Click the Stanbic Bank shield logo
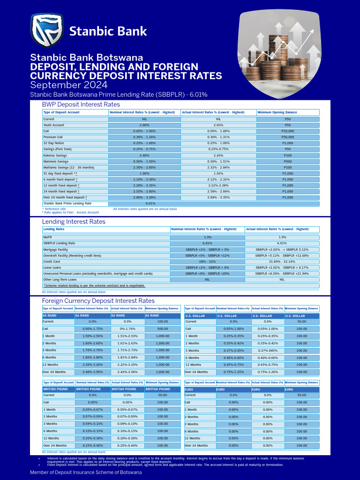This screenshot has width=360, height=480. (47, 30)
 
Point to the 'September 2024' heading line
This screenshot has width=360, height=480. (68, 85)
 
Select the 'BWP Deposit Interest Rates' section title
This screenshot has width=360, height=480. (81, 105)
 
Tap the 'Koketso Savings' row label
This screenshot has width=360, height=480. (55, 155)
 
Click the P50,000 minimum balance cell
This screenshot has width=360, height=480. (288, 137)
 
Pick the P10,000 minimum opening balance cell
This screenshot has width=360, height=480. (288, 131)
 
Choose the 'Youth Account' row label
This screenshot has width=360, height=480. (54, 125)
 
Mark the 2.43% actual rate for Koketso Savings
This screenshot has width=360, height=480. (218, 155)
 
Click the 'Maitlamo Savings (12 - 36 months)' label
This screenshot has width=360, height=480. (68, 167)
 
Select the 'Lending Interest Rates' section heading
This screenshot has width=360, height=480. (74, 222)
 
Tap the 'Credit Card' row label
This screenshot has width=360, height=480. (52, 262)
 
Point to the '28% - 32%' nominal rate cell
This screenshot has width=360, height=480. (207, 262)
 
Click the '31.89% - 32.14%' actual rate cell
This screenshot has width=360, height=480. (282, 262)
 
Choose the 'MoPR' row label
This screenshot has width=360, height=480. (48, 238)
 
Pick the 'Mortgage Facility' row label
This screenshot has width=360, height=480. (55, 250)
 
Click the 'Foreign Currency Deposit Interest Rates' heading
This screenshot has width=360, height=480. (98, 301)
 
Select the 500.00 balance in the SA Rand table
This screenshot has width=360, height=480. (163, 329)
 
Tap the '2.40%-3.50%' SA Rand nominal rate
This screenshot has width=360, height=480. (92, 372)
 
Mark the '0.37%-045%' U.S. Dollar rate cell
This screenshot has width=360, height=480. (268, 351)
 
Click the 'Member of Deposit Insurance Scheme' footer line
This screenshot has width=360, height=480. (86, 472)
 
